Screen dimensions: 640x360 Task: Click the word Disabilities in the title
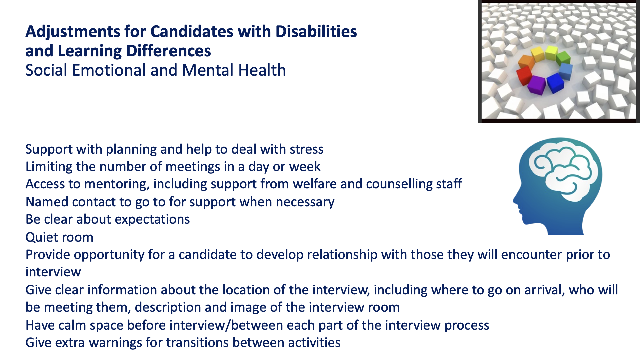click(x=316, y=32)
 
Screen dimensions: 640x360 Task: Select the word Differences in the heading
click(x=168, y=51)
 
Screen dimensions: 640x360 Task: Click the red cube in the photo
click(x=524, y=76)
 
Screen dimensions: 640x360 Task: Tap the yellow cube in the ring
click(x=537, y=54)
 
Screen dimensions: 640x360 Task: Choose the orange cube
click(x=526, y=62)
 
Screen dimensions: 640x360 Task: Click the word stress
click(x=307, y=149)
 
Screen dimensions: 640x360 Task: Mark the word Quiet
click(x=42, y=237)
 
